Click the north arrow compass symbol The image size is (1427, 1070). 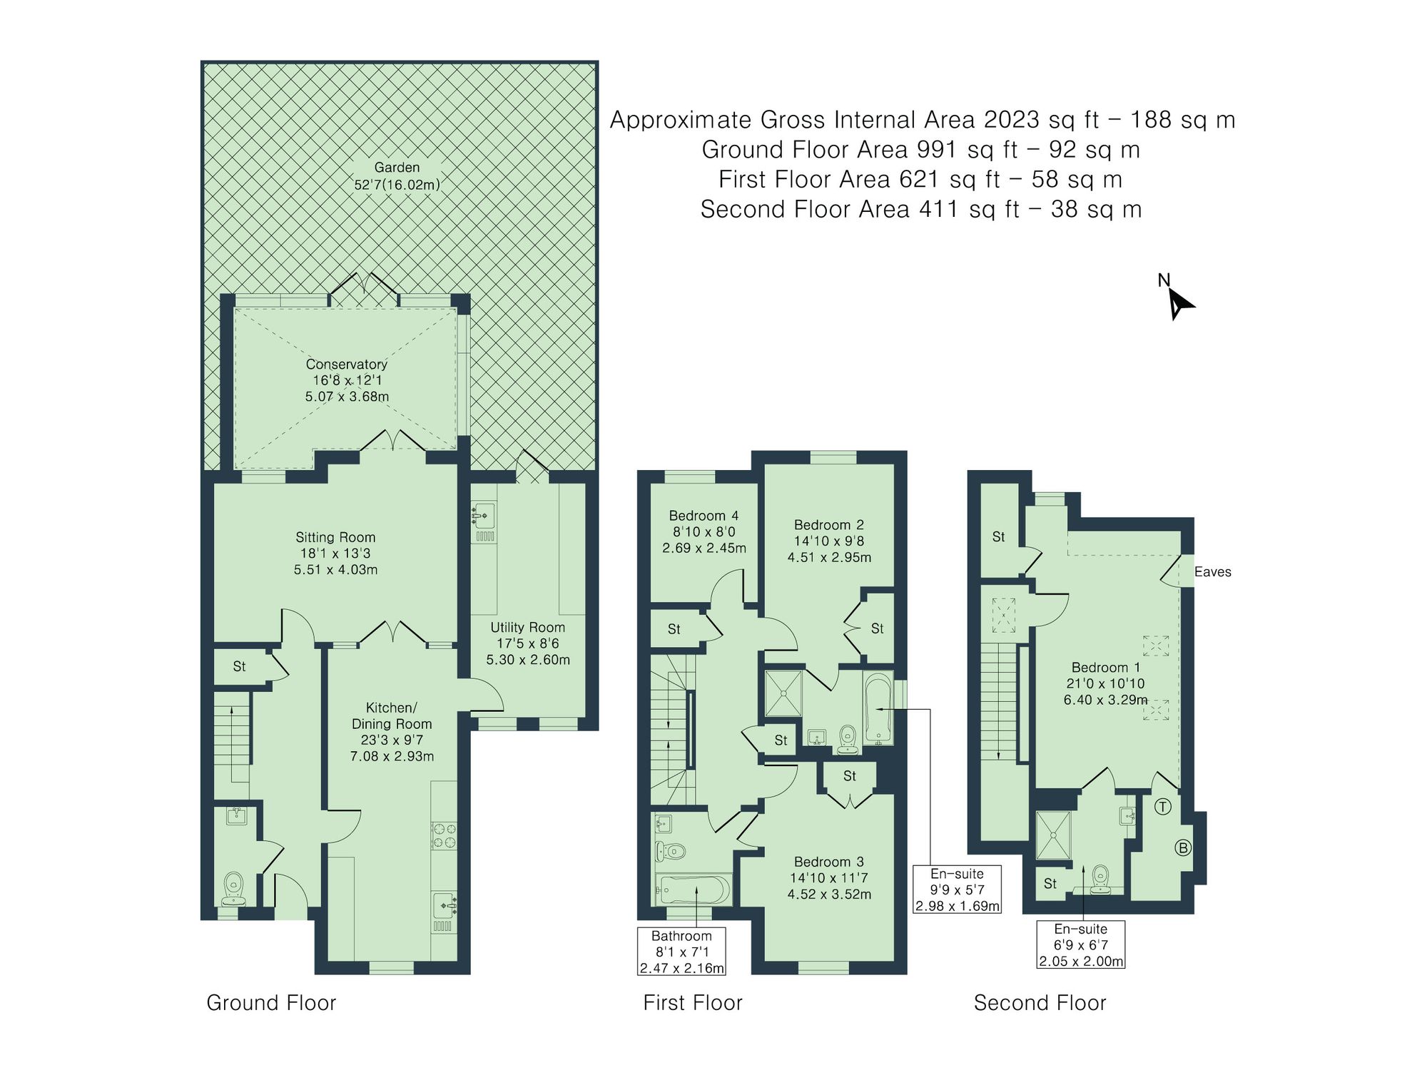pos(1179,303)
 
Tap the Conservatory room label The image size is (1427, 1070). pos(347,365)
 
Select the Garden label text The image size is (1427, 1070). pos(397,168)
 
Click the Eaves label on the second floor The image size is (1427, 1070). pos(1212,572)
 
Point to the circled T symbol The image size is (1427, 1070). pos(1163,807)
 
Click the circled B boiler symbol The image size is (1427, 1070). pos(1183,848)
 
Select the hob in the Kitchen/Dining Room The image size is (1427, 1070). pos(444,836)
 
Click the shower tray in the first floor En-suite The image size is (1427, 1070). pos(783,693)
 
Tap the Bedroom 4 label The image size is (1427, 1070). pos(704,516)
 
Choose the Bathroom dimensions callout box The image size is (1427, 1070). pos(681,952)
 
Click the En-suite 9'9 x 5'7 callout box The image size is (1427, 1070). pos(957,890)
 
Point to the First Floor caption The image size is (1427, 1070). pos(692,1003)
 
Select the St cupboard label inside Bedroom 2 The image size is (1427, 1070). pos(877,628)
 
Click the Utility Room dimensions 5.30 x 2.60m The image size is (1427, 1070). pos(528,660)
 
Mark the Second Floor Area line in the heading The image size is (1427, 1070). pos(920,210)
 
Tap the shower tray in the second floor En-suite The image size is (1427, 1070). pos(1053,835)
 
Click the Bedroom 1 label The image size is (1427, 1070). pos(1105,668)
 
